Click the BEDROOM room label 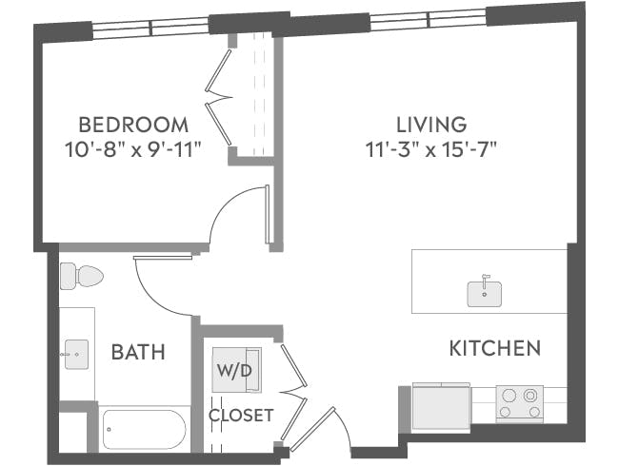click(132, 125)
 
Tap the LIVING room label click(431, 125)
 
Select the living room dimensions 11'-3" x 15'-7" click(431, 148)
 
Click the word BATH click(138, 353)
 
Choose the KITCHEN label click(494, 348)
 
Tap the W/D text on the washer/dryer click(234, 371)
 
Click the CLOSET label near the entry click(241, 416)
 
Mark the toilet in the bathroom click(81, 277)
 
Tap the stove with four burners click(519, 403)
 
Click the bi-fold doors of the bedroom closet click(220, 95)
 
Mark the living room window click(428, 18)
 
